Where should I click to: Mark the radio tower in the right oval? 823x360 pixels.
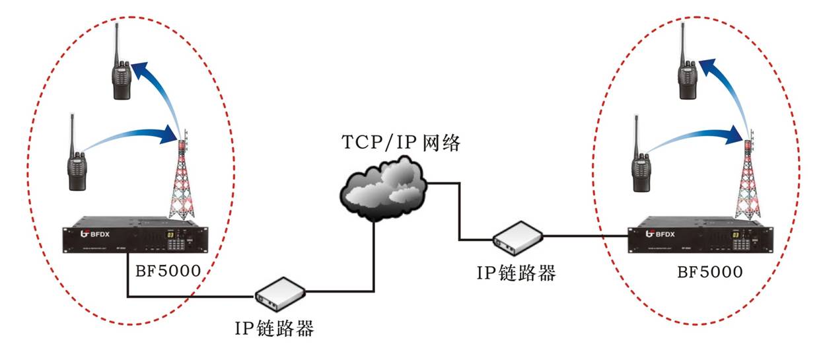click(x=748, y=182)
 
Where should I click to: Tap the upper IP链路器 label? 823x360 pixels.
click(x=517, y=272)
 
